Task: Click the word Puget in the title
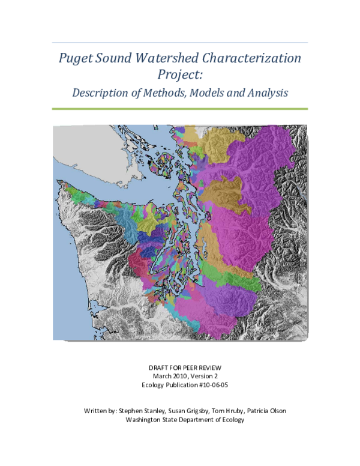pyautogui.click(x=72, y=59)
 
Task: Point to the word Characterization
pyautogui.click(x=252, y=59)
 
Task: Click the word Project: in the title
pyautogui.click(x=179, y=75)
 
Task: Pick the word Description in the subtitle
pyautogui.click(x=98, y=93)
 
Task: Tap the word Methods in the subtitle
pyautogui.click(x=157, y=93)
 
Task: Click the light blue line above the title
pyautogui.click(x=180, y=43)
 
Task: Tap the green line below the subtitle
pyautogui.click(x=180, y=109)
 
